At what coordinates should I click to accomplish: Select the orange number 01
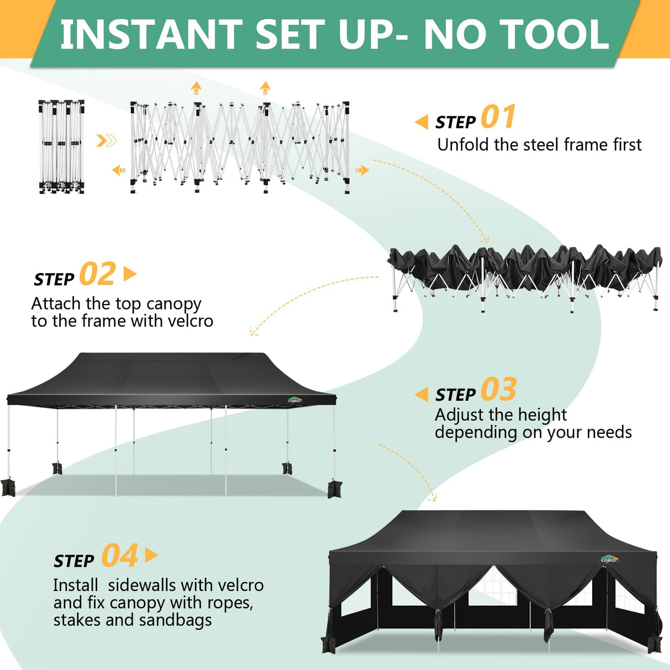tap(498, 117)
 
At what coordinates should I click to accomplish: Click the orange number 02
tap(98, 274)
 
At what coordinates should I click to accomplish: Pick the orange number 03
tap(498, 390)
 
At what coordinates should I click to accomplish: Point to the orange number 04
tap(120, 556)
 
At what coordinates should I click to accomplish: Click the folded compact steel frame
tap(61, 147)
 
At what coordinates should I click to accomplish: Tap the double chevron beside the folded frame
tap(107, 141)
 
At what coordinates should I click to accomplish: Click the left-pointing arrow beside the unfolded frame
tap(119, 171)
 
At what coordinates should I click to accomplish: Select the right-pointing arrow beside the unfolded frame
tap(362, 170)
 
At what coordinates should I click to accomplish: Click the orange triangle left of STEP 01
tap(422, 122)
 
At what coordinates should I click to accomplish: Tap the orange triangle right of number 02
tap(130, 274)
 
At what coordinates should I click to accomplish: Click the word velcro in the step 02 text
tap(190, 321)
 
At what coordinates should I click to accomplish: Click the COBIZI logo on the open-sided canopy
tap(295, 401)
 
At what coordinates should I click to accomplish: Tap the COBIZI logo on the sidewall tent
tap(609, 560)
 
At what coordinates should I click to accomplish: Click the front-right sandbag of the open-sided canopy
tap(334, 489)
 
